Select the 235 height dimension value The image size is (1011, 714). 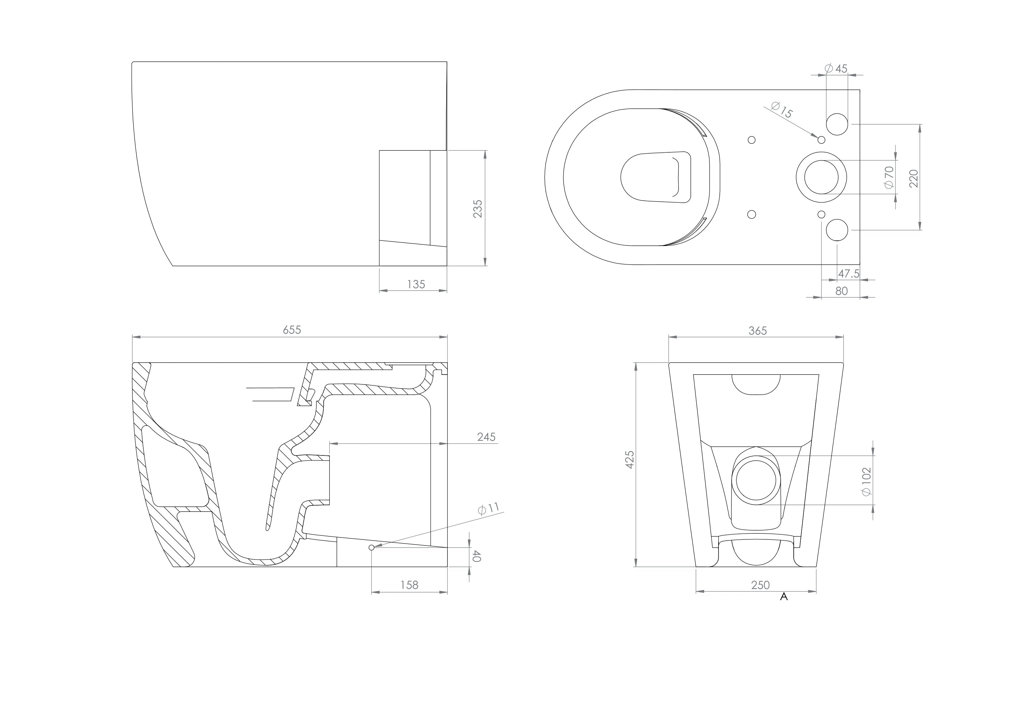(478, 208)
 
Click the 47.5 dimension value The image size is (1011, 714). (848, 274)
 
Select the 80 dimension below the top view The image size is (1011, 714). (841, 291)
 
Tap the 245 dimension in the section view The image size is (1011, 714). (486, 437)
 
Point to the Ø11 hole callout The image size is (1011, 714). (489, 509)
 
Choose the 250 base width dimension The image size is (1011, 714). (760, 585)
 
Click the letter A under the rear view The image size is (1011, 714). (783, 597)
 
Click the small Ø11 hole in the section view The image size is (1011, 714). (371, 547)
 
